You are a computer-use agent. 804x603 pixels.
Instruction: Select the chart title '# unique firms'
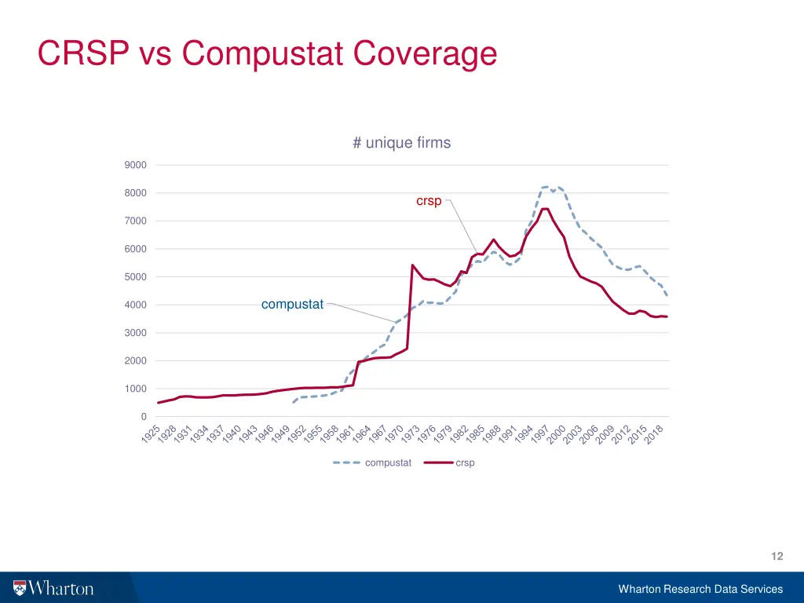[x=401, y=143]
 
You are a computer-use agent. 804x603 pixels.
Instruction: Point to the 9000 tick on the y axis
[x=135, y=165]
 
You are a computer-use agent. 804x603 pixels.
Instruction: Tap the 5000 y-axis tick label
[x=135, y=277]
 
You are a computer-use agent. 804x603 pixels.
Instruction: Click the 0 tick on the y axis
[x=142, y=417]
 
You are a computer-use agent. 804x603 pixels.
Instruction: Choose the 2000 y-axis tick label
[x=135, y=361]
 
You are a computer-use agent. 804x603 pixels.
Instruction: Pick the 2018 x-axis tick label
[x=654, y=434]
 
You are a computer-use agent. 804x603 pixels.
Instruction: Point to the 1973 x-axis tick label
[x=411, y=434]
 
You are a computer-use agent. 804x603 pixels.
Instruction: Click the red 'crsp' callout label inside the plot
[x=429, y=201]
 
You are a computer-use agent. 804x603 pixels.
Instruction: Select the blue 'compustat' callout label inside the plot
[x=292, y=305]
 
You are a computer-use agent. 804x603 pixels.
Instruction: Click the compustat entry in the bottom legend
[x=388, y=463]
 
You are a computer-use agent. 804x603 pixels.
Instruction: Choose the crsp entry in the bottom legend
[x=465, y=463]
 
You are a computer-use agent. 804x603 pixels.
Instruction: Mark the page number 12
[x=777, y=556]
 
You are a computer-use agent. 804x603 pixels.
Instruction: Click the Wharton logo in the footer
[x=53, y=588]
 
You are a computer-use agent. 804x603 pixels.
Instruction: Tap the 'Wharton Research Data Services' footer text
[x=700, y=589]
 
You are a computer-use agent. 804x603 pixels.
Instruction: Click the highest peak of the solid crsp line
[x=545, y=208]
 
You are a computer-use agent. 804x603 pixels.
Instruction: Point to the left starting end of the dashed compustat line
[x=293, y=402]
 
